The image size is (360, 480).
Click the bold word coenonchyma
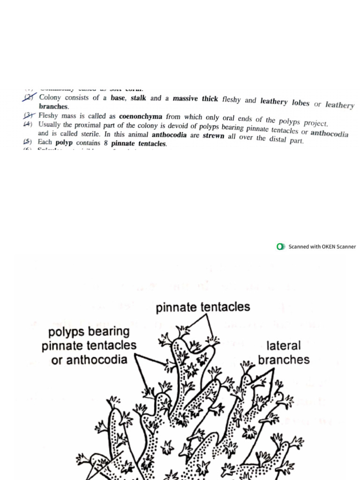(x=141, y=117)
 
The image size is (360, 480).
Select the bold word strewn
(x=213, y=136)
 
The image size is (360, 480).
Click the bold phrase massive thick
(x=195, y=99)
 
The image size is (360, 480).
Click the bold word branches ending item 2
(x=53, y=106)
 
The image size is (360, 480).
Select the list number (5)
(x=28, y=142)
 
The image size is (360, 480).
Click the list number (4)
(x=28, y=124)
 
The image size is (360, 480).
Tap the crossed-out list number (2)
(x=29, y=97)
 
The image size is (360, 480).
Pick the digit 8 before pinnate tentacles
(x=106, y=143)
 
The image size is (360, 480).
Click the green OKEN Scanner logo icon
(x=281, y=247)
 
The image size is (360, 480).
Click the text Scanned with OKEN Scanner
(x=322, y=247)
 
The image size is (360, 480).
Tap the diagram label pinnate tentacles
(x=202, y=307)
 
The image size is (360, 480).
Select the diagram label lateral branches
(x=284, y=353)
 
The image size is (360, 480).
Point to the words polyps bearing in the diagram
(x=89, y=331)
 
